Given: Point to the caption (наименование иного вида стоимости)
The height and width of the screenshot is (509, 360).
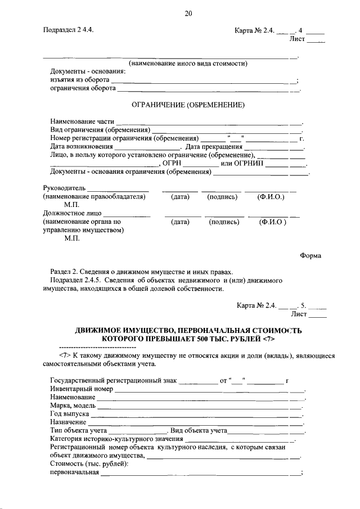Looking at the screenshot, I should pyautogui.click(x=188, y=64).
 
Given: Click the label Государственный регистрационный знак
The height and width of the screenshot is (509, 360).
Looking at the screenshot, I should pyautogui.click(x=113, y=381).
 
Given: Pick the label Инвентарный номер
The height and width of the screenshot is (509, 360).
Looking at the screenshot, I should pyautogui.click(x=82, y=389).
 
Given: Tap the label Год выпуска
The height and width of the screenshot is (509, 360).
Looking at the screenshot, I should pyautogui.click(x=69, y=413).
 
